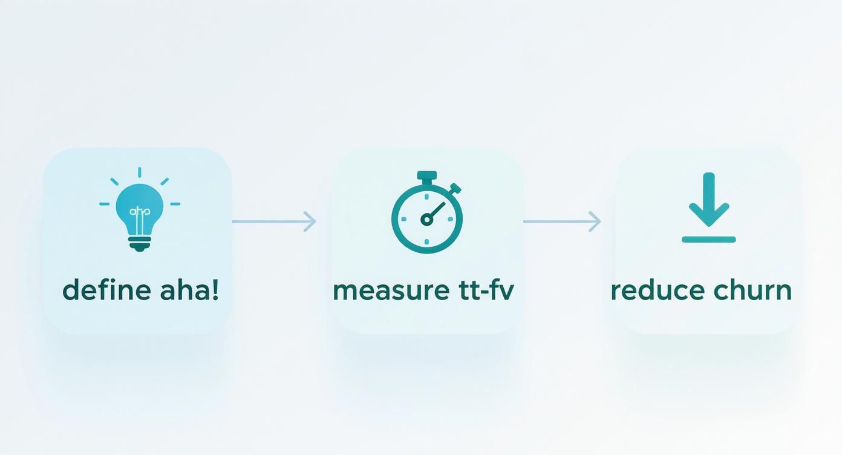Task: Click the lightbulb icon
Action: coord(139,212)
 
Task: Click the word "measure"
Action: coord(384,290)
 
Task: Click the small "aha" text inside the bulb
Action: coord(139,211)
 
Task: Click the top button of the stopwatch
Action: coord(427,176)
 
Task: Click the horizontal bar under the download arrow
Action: coord(708,240)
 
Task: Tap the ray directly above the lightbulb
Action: coord(139,172)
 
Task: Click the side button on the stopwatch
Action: coord(455,188)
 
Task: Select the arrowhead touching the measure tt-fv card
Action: coord(310,221)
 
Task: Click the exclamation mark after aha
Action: coord(215,290)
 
